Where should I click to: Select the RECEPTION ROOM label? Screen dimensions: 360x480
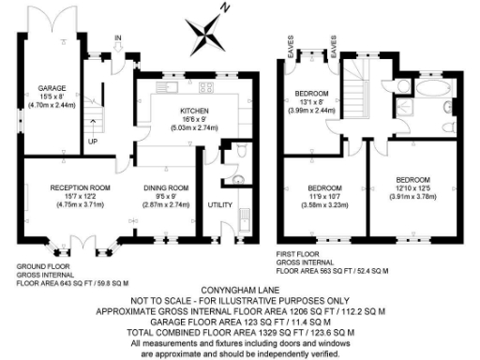[80, 187]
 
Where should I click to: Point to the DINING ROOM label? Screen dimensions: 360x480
[166, 187]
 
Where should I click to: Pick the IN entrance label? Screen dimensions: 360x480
[117, 39]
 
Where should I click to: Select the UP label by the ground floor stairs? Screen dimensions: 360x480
[92, 142]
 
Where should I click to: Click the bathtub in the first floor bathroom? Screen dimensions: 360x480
[433, 92]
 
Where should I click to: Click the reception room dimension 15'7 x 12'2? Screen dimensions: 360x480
[80, 196]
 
